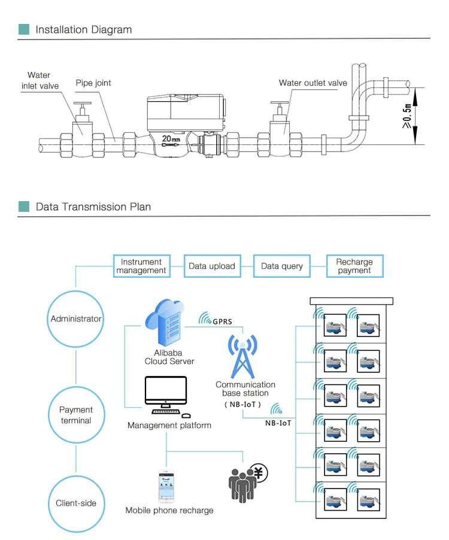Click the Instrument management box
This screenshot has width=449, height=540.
pos(141,266)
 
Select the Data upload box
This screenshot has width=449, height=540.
pos(212,266)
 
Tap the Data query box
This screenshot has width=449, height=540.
pos(282,266)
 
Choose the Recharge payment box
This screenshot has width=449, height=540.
pos(354,266)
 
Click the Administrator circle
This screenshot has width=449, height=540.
pos(76,319)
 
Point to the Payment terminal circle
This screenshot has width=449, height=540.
pos(76,415)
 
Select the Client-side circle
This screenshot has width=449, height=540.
pos(76,503)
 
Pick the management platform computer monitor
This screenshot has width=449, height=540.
pos(166,393)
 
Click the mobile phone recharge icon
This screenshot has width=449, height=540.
pos(168,486)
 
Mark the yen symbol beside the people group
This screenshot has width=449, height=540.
pos(259,474)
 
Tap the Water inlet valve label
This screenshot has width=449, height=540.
pos(40,81)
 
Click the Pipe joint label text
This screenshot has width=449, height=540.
pos(93,83)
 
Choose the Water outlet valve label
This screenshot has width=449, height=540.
pos(313,83)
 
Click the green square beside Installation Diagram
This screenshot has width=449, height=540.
pos(24,29)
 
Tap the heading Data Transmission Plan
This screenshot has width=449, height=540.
pos(93,207)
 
